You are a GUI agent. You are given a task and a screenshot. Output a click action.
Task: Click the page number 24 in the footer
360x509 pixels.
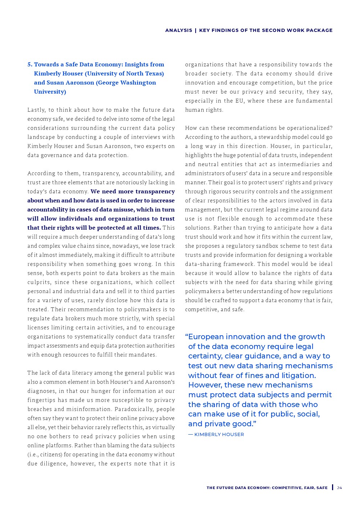pos(339,488)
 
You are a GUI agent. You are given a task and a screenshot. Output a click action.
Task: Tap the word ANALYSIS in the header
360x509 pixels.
pos(179,30)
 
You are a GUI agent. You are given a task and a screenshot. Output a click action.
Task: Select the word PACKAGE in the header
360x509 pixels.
pos(319,30)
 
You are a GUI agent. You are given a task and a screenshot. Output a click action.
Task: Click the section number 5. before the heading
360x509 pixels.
pos(30,65)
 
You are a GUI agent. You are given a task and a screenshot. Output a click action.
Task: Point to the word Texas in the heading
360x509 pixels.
pos(155,74)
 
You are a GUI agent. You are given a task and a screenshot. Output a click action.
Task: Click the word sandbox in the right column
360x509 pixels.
pos(259,246)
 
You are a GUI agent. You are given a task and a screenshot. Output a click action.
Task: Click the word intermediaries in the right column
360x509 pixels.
pos(302,164)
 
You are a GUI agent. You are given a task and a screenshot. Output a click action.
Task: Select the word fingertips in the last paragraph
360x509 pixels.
pos(42,400)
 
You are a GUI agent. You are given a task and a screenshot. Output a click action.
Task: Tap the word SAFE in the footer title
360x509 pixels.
pos(322,488)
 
